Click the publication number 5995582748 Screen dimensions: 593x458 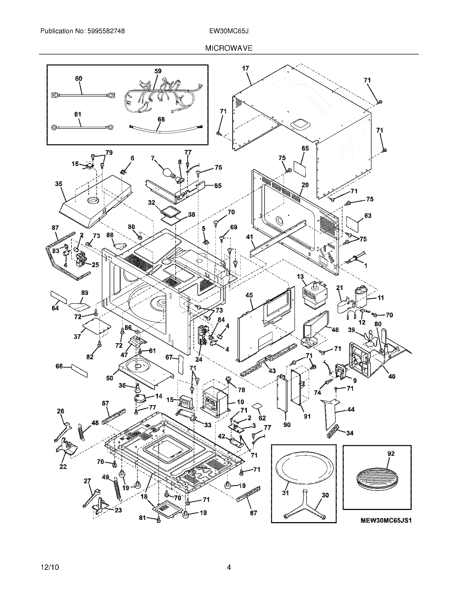106,31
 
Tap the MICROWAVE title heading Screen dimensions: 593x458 228,48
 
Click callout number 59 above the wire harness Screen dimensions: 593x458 158,71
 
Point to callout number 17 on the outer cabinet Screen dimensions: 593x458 245,68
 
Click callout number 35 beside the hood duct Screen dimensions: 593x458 58,184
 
